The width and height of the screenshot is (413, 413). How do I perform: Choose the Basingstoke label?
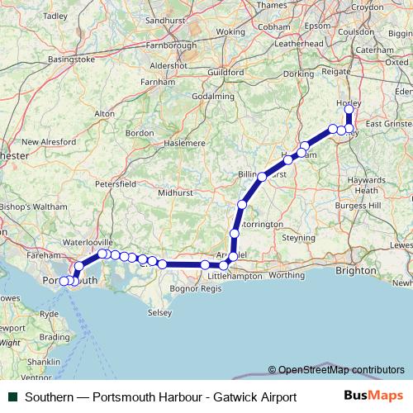[71, 59]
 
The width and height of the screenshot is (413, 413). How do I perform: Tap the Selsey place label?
[159, 313]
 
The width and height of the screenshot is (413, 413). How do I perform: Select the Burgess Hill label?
[363, 204]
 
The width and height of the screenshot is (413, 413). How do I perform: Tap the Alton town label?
[105, 113]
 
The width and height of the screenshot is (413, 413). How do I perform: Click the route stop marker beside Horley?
[349, 109]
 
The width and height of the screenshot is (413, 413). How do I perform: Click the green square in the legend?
[12, 397]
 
